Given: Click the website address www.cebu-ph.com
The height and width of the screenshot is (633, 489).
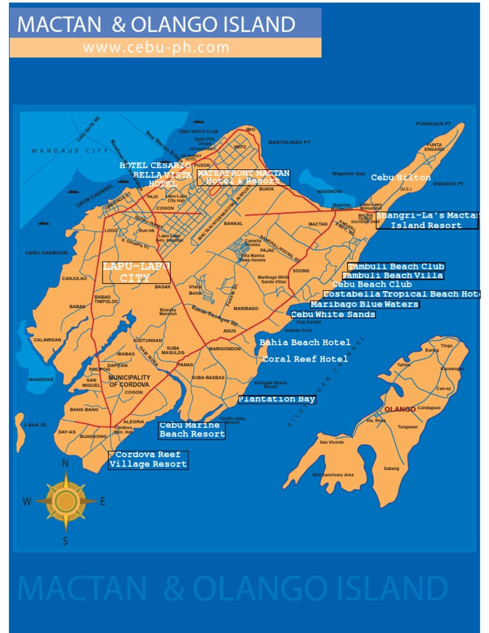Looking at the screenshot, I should click(156, 47).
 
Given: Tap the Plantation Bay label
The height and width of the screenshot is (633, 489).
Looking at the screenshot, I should click(277, 399).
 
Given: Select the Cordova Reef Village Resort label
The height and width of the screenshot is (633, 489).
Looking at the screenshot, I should click(148, 460).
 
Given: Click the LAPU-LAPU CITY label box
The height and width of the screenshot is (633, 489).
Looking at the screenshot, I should click(136, 272).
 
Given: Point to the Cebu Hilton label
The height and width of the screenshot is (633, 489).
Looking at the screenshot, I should click(400, 178).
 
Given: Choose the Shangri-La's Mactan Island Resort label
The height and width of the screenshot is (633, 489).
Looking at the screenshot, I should click(427, 220).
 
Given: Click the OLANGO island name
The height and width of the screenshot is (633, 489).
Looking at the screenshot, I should click(400, 409).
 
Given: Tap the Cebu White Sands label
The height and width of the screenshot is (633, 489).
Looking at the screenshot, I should click(333, 315).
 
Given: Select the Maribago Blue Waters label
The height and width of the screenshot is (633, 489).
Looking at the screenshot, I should click(365, 304).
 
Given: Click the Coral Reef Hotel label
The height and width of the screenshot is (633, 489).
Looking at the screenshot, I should click(305, 359).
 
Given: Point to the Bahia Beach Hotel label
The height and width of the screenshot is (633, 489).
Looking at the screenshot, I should click(305, 343).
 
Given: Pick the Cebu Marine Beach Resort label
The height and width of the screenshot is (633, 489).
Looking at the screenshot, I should click(192, 430).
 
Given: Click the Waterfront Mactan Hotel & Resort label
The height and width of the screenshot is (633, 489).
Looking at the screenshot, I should click(243, 177).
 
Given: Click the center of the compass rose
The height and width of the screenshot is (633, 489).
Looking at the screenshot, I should click(65, 501).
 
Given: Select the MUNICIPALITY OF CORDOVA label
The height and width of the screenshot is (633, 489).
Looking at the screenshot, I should click(129, 381).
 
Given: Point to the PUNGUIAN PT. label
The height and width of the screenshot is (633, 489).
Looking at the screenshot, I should click(434, 124).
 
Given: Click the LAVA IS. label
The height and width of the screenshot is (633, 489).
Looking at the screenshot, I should click(36, 425).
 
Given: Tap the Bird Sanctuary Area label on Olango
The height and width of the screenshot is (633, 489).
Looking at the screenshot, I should click(332, 475).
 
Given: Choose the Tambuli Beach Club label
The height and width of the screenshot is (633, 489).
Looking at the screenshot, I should click(396, 266).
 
